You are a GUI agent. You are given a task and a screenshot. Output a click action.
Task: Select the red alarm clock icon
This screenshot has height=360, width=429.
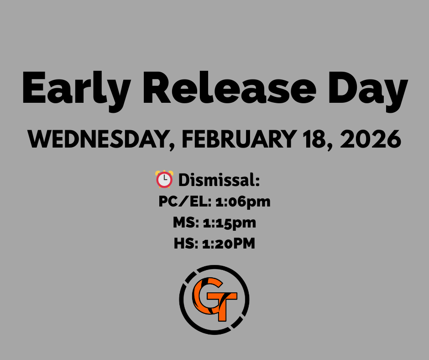164,179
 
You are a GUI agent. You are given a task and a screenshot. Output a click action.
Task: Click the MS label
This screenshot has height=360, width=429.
184,223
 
